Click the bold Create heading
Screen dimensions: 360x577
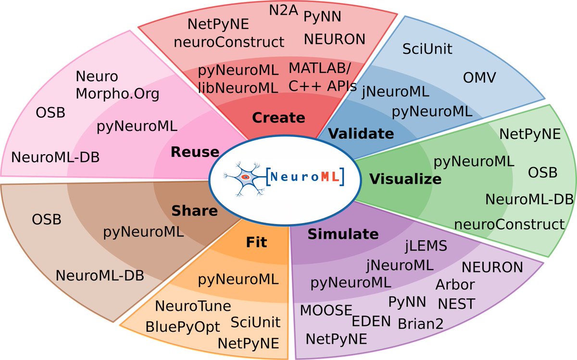click(x=278, y=117)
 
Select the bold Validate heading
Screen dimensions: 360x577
click(x=361, y=133)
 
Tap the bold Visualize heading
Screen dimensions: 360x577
click(x=405, y=179)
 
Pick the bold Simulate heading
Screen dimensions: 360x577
click(x=343, y=234)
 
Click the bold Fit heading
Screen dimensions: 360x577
click(x=256, y=243)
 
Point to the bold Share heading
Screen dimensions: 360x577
click(x=195, y=211)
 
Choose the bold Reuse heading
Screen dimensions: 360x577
click(x=195, y=153)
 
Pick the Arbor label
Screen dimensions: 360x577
click(x=455, y=284)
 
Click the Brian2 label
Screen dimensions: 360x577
click(x=421, y=323)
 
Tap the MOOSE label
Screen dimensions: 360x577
click(x=326, y=310)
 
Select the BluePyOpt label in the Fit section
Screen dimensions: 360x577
click(x=182, y=327)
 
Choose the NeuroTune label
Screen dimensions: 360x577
click(x=193, y=306)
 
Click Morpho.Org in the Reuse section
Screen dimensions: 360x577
click(x=117, y=93)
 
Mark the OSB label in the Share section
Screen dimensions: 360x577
click(x=47, y=219)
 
